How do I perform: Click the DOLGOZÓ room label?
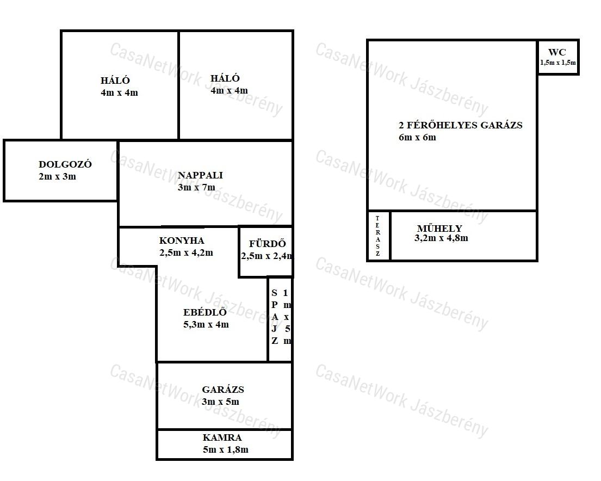[65, 164]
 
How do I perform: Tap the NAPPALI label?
[200, 175]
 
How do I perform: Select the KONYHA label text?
[182, 240]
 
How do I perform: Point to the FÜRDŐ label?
[267, 244]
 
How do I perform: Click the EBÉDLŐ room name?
[205, 312]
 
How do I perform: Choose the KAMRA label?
[222, 437]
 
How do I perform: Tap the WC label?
[557, 52]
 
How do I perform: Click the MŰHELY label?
[439, 228]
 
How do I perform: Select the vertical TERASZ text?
[377, 236]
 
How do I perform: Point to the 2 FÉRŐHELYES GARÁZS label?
[461, 125]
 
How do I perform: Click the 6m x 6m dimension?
[417, 137]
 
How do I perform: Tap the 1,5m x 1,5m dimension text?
[557, 63]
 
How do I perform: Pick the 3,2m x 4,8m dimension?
[441, 238]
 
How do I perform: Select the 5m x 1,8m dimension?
[225, 449]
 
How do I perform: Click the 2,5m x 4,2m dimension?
[186, 253]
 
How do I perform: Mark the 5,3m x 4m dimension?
[206, 324]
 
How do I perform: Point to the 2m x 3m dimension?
[57, 176]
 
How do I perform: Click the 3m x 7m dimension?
[196, 187]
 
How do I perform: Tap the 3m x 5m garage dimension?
[220, 402]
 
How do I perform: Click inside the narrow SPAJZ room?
[280, 319]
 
